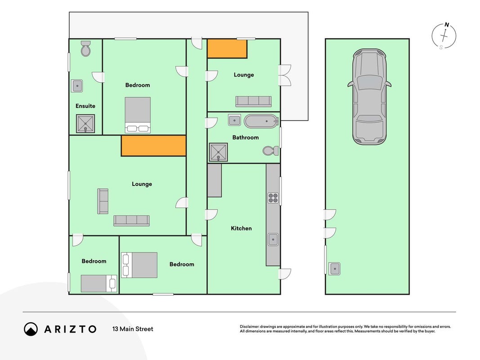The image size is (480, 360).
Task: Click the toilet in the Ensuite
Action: tap(86, 49)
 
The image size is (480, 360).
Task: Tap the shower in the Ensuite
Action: tap(85, 124)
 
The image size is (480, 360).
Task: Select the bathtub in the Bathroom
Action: tap(261, 121)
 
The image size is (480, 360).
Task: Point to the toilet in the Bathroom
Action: tap(271, 150)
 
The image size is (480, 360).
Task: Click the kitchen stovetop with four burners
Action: tap(273, 198)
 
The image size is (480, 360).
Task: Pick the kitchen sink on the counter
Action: tap(273, 239)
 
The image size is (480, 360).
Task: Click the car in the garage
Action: tap(369, 97)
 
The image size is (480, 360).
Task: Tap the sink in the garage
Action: tap(335, 269)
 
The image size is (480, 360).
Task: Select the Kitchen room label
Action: tap(241, 228)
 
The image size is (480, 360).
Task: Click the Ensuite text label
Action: tap(85, 106)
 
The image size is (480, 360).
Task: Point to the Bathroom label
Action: tap(246, 137)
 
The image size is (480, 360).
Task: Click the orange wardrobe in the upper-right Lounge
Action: tap(227, 49)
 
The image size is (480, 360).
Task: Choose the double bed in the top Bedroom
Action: tap(138, 115)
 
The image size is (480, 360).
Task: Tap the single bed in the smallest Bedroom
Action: tap(99, 283)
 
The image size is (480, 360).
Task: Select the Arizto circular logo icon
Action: tap(31, 329)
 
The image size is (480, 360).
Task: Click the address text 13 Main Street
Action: tap(133, 329)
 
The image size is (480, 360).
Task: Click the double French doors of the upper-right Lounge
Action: tap(285, 75)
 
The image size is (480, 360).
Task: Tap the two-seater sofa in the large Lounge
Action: tap(103, 201)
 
